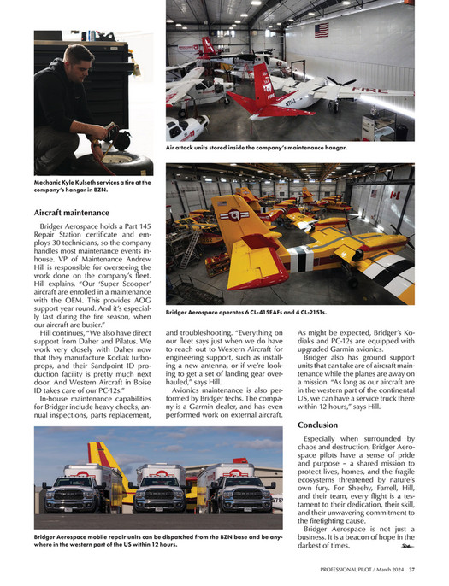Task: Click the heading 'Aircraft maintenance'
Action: coord(72,211)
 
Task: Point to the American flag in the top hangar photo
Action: coord(322,30)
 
